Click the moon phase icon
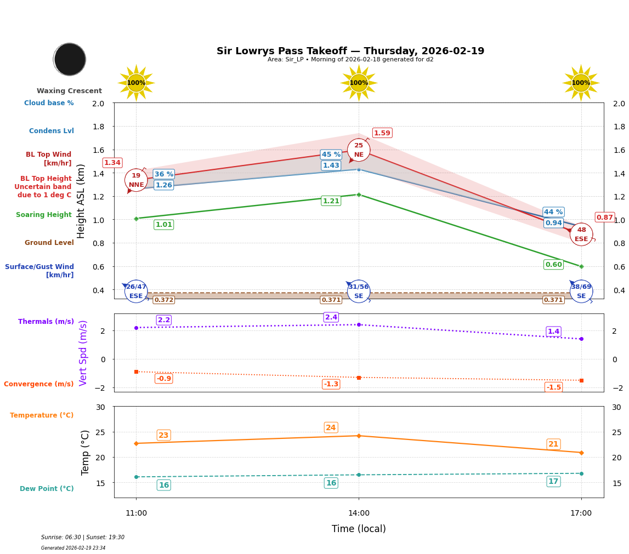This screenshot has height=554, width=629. (70, 59)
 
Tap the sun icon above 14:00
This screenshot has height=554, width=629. (359, 83)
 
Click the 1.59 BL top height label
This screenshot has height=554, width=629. (382, 133)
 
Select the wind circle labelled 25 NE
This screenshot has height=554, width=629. (359, 150)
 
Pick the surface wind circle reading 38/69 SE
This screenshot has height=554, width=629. (581, 292)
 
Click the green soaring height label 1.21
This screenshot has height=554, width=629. (331, 201)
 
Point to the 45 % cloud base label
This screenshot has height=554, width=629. (331, 155)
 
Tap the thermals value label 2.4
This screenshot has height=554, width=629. (331, 317)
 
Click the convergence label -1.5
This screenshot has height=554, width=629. (553, 387)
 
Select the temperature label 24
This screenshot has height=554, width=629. (331, 428)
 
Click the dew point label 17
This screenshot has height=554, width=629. (553, 482)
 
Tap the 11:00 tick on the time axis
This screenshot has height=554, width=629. (136, 513)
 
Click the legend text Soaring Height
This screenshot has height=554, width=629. (44, 215)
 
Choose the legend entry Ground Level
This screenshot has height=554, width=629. (49, 243)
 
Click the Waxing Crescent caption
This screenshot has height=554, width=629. (69, 91)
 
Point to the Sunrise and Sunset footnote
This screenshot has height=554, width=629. (83, 538)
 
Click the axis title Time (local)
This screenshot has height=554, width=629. (359, 529)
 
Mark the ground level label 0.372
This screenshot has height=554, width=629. (163, 300)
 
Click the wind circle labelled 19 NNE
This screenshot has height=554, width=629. (136, 180)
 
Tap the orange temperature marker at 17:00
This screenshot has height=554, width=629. (581, 453)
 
